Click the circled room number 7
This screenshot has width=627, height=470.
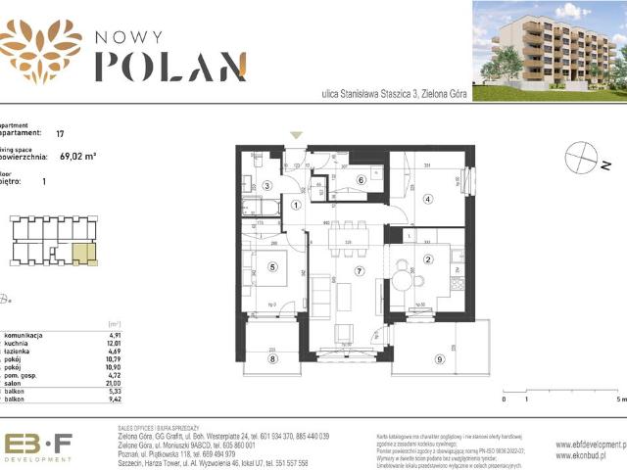tap(360, 271)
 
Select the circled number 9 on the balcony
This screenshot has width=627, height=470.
tap(439, 360)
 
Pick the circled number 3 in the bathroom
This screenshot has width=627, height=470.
tap(266, 185)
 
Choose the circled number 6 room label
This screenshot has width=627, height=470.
tap(361, 179)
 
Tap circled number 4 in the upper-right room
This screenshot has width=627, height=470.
tap(427, 199)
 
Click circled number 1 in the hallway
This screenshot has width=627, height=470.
tap(297, 205)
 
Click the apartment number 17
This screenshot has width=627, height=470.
tap(61, 132)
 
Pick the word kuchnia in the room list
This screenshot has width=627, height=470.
tap(19, 344)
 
